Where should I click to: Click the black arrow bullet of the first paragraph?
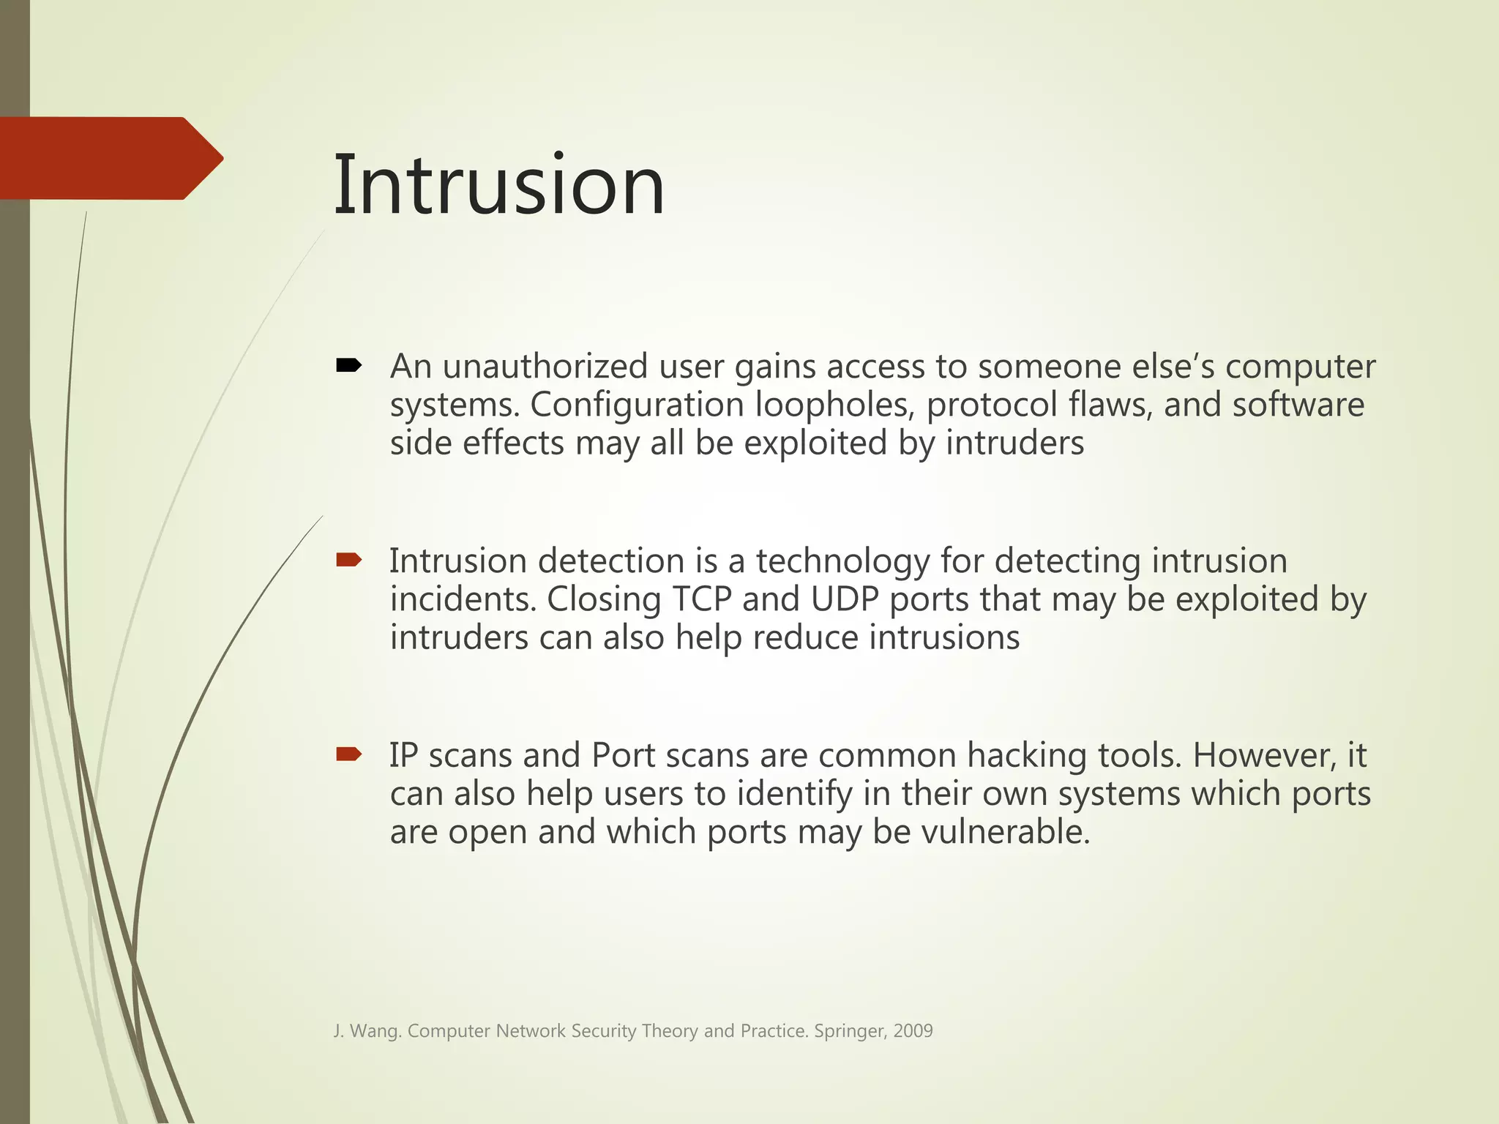(x=348, y=365)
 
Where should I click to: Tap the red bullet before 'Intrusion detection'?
(x=348, y=561)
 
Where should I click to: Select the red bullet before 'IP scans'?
(x=348, y=754)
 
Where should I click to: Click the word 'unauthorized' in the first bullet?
(x=545, y=367)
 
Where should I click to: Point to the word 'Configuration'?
(x=637, y=405)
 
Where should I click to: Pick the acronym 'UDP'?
(x=844, y=599)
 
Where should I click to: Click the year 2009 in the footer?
(x=913, y=1031)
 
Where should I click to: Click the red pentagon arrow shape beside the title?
(x=110, y=158)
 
